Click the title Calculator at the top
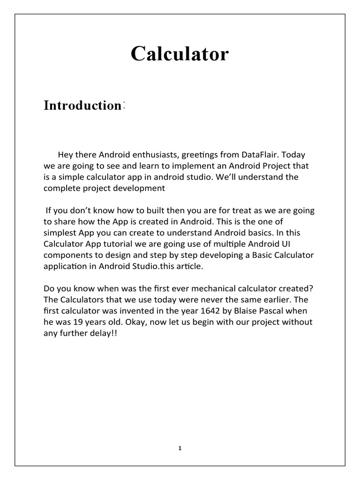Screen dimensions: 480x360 click(x=180, y=54)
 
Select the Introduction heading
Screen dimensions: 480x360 click(x=82, y=105)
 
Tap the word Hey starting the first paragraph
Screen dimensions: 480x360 click(x=66, y=155)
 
